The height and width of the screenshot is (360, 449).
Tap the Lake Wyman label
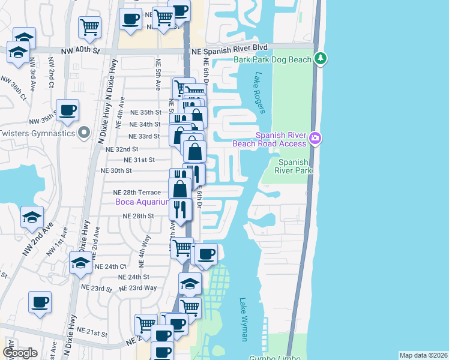point(244,319)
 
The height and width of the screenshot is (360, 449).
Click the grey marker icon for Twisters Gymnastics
point(85,133)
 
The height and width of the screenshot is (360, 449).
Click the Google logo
point(20,352)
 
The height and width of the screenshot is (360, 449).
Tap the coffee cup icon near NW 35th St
point(67,110)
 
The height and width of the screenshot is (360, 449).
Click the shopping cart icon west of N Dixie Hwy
point(89,26)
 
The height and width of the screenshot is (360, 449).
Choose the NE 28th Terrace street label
point(137,192)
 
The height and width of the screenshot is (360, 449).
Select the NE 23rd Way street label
point(137,288)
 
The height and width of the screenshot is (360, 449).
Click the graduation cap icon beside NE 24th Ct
point(80,263)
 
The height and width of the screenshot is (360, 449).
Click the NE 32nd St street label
point(121,149)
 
